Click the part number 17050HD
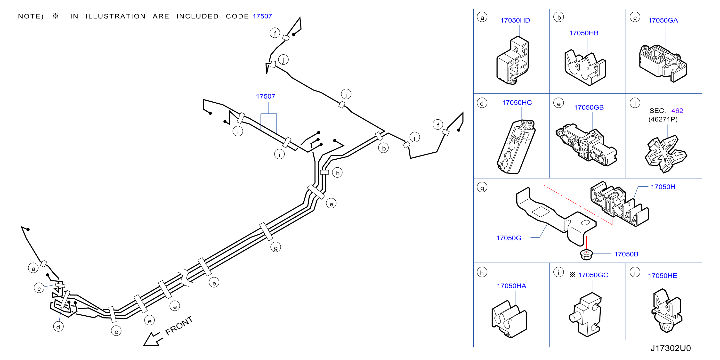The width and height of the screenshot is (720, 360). click(x=515, y=20)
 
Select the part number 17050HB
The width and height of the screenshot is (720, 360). click(x=584, y=33)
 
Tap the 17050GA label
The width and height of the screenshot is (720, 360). click(x=663, y=20)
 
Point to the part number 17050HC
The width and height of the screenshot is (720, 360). click(x=517, y=103)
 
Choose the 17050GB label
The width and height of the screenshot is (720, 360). click(x=589, y=107)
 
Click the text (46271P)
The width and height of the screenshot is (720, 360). click(x=663, y=119)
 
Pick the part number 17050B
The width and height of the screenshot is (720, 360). click(x=626, y=254)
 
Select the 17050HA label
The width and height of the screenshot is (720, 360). click(x=511, y=286)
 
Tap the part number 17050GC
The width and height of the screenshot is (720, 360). click(x=593, y=275)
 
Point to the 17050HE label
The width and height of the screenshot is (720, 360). click(x=663, y=276)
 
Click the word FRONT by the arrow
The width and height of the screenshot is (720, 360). click(x=179, y=325)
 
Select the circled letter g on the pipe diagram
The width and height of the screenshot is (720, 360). click(x=275, y=247)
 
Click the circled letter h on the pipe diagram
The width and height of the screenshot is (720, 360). click(x=337, y=173)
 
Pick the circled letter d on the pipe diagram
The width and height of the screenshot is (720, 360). click(x=58, y=327)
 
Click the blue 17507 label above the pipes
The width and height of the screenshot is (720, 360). click(x=266, y=97)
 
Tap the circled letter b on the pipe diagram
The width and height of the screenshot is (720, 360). click(x=383, y=148)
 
